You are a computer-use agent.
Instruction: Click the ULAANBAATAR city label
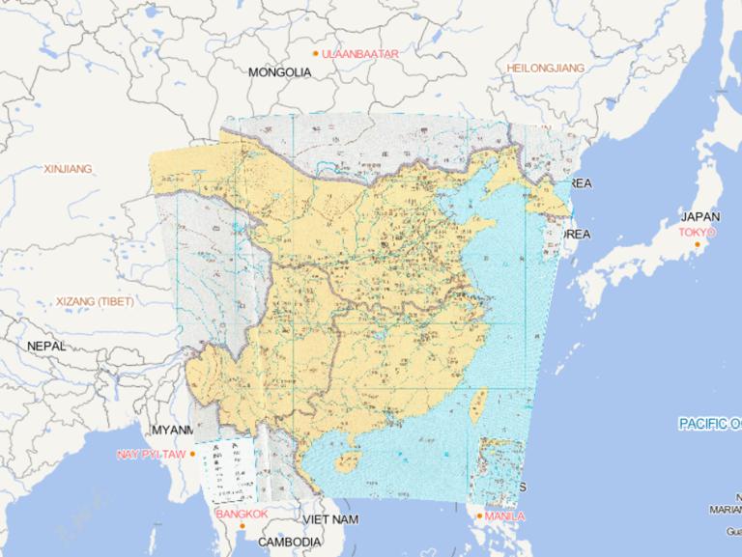click(360, 53)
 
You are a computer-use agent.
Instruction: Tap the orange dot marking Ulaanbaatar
click(315, 53)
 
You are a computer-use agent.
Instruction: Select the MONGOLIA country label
click(280, 72)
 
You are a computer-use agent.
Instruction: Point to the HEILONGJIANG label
click(546, 68)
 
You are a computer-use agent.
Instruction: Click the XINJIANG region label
click(68, 169)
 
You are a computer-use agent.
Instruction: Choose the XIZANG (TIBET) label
click(95, 302)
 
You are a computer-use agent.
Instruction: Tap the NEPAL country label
click(46, 346)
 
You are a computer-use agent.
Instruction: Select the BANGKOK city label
click(242, 515)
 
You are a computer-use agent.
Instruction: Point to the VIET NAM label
click(330, 519)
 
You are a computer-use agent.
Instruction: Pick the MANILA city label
click(506, 516)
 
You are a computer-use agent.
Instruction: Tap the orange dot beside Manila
click(479, 516)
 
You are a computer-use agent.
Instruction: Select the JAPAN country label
click(699, 216)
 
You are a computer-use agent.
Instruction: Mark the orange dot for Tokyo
click(697, 243)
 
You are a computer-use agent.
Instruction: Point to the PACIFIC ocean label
click(709, 424)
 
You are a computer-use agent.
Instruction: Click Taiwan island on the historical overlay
click(475, 405)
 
